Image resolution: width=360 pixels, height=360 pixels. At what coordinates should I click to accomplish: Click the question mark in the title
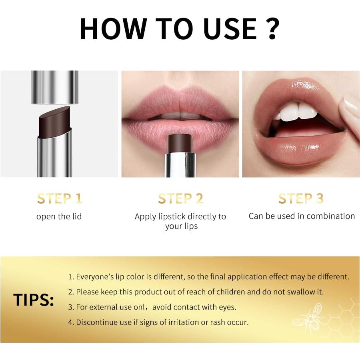[272, 28]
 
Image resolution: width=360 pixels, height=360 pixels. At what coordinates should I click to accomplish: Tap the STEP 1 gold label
[60, 198]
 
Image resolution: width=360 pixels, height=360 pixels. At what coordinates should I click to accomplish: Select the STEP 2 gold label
[180, 198]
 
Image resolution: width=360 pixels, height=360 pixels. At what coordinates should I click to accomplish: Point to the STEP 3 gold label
[301, 198]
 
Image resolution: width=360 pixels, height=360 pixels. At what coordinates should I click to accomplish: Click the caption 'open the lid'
[59, 216]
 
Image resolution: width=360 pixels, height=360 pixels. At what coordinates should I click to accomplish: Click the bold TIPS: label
[34, 300]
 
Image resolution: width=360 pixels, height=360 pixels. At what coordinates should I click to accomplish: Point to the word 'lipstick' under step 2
[171, 217]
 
